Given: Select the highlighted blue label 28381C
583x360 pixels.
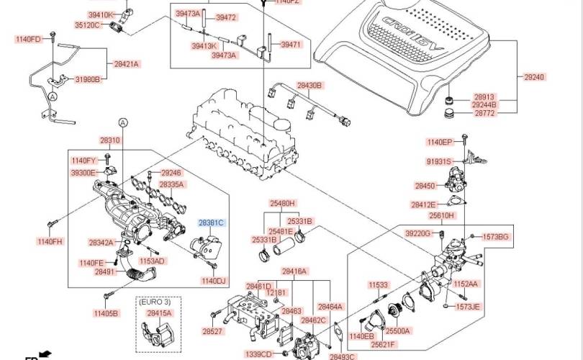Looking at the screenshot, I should coord(212,223).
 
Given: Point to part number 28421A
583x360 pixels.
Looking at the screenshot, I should coord(127,63).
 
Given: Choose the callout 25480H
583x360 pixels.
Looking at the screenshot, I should coord(283,203).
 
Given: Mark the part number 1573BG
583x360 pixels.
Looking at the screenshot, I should coord(495,236).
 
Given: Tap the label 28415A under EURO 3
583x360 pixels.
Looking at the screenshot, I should coord(159,314).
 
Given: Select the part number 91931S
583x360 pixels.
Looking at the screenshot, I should coord(438,161).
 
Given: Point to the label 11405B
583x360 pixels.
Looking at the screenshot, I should coord(105,313).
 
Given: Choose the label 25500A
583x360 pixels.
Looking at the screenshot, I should coord(397,331).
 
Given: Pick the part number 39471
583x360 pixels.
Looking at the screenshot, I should coord(291,45).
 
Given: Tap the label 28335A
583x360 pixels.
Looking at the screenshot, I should coord(172,184).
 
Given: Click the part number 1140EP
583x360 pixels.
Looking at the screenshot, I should coord(439,142).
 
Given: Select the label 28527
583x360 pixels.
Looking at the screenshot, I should coord(212,332).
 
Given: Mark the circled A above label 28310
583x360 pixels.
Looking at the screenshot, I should coord(122,123).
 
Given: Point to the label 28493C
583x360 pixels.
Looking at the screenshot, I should coord(343,356).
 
